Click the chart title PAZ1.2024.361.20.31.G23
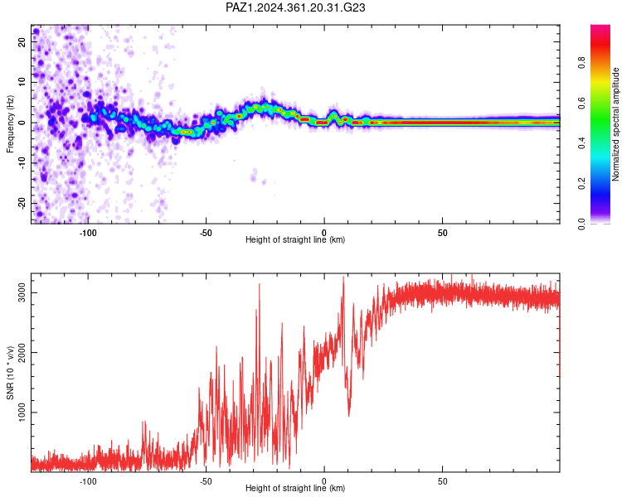295,7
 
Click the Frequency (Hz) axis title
10,124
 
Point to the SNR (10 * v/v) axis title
10,373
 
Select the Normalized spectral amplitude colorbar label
615,124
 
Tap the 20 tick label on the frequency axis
22,42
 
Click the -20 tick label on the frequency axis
22,203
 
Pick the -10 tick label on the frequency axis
22,163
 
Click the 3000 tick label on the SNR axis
22,292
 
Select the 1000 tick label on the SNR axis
22,413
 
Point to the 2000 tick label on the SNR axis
22,352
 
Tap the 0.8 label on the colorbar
581,63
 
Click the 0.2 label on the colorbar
581,183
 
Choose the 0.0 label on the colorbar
581,224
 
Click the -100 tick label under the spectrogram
88,233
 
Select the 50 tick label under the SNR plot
442,481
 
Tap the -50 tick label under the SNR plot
206,481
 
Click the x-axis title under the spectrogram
295,239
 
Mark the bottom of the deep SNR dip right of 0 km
348,416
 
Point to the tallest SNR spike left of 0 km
260,285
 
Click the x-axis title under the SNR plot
295,488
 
